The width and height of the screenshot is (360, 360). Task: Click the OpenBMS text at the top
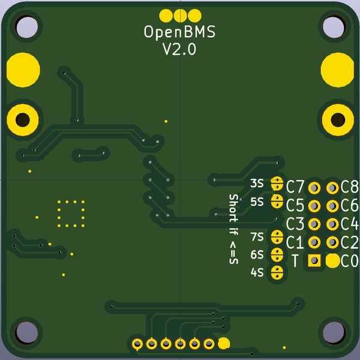tap(180, 32)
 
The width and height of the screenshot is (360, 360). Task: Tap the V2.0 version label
tap(179, 50)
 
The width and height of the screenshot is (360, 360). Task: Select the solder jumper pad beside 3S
tap(277, 182)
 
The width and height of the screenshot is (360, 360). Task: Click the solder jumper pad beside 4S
tap(277, 272)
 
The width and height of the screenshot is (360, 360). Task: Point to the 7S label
tap(257, 236)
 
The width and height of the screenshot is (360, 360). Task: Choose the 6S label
tap(257, 254)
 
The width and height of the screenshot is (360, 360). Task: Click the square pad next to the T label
tap(314, 260)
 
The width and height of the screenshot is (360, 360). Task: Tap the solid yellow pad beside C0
tap(332, 260)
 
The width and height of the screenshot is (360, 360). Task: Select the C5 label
tap(295, 205)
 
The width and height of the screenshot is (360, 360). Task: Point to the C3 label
tap(295, 224)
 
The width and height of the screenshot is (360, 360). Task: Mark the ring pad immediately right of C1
tap(314, 242)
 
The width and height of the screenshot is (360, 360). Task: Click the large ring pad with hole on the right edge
tap(338, 120)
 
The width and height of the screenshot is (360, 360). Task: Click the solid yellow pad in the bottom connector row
tap(224, 344)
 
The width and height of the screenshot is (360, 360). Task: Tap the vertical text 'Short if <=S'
tap(233, 229)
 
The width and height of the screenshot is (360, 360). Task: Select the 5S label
tap(257, 202)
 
